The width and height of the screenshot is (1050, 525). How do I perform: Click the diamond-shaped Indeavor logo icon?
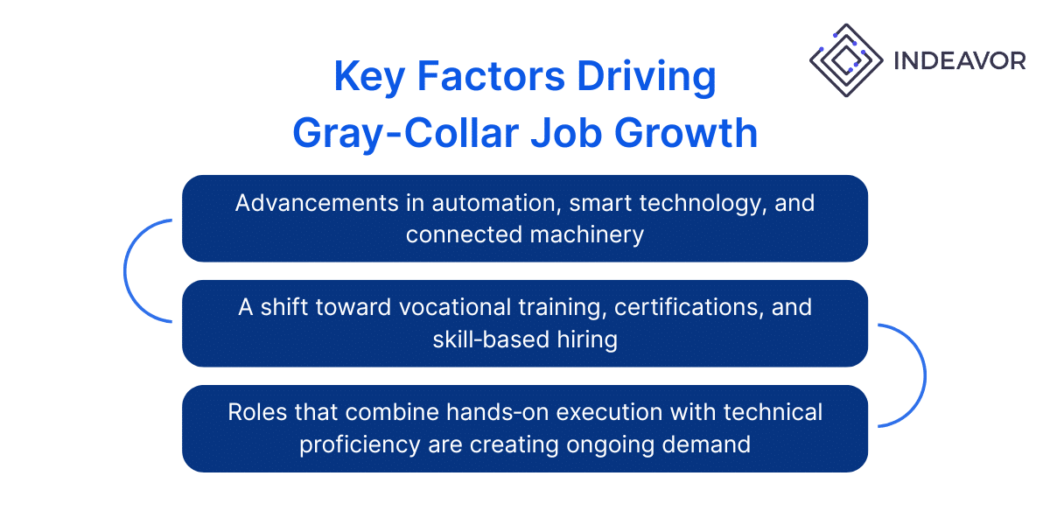click(x=845, y=60)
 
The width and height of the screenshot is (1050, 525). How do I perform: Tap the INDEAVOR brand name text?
click(x=959, y=60)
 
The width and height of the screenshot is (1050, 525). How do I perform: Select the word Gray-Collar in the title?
click(x=405, y=133)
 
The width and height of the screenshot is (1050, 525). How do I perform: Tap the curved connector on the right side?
click(x=923, y=375)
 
